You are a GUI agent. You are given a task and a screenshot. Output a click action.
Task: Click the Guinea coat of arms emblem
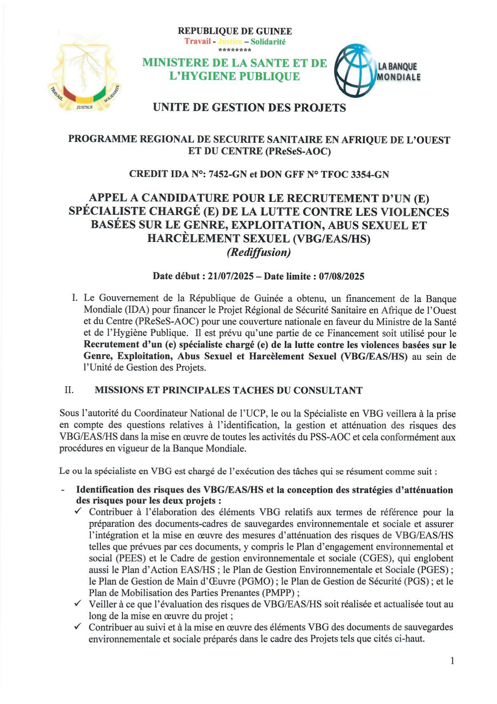[x=84, y=76]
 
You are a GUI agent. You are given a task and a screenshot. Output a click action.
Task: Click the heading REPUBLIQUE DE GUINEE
[x=235, y=31]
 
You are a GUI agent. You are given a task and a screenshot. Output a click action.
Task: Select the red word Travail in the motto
[x=197, y=41]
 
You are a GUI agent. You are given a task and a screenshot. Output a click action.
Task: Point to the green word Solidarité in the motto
[x=268, y=41]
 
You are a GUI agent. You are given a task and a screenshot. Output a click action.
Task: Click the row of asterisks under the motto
[x=235, y=50]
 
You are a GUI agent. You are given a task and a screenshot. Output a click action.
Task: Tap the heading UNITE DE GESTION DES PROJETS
[x=249, y=108]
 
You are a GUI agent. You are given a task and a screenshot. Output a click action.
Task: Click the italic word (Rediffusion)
[x=259, y=252]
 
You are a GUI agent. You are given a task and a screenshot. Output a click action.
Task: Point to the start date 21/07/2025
[x=231, y=276]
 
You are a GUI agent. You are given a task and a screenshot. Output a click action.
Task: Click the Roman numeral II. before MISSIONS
[x=69, y=390]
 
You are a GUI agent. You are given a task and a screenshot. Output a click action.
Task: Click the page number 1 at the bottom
[x=453, y=661]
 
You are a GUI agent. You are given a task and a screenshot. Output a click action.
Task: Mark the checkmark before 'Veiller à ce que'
[x=78, y=603]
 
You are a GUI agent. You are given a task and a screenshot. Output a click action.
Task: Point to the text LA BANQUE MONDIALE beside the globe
[x=399, y=71]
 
